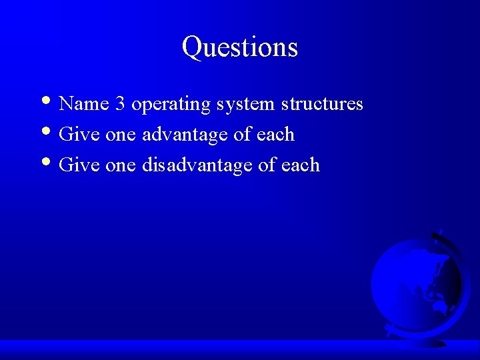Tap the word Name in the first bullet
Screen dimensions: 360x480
pyautogui.click(x=79, y=105)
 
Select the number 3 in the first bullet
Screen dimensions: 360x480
pyautogui.click(x=119, y=105)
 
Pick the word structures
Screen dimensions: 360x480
pyautogui.click(x=322, y=105)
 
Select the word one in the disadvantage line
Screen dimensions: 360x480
pyautogui.click(x=121, y=166)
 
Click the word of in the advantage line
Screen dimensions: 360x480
pyautogui.click(x=240, y=135)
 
